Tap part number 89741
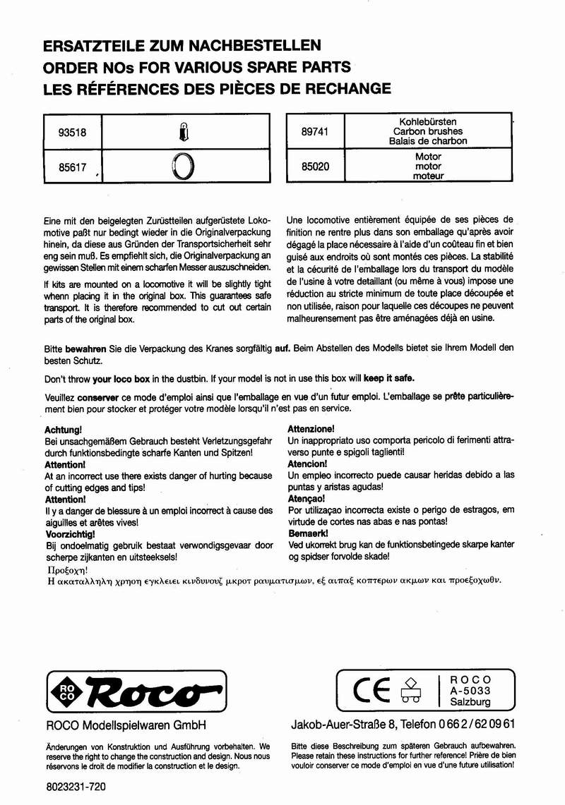[x=314, y=131]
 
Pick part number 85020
[x=314, y=167]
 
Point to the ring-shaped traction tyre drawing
[x=183, y=168]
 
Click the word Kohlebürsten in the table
[x=428, y=121]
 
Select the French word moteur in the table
[x=428, y=176]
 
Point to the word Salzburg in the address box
[x=470, y=703]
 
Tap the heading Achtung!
[x=64, y=429]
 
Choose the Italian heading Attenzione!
[x=311, y=429]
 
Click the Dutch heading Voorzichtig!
[x=71, y=534]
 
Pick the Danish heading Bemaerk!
[x=309, y=534]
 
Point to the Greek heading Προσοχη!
[x=66, y=569]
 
